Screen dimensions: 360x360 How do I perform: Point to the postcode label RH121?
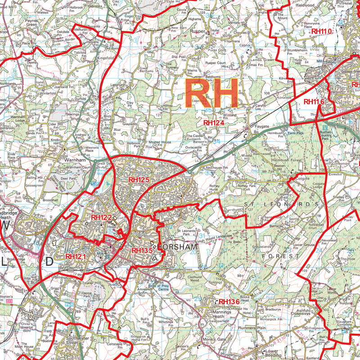click(x=76, y=256)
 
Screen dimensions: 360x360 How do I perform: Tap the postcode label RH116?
click(x=314, y=102)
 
